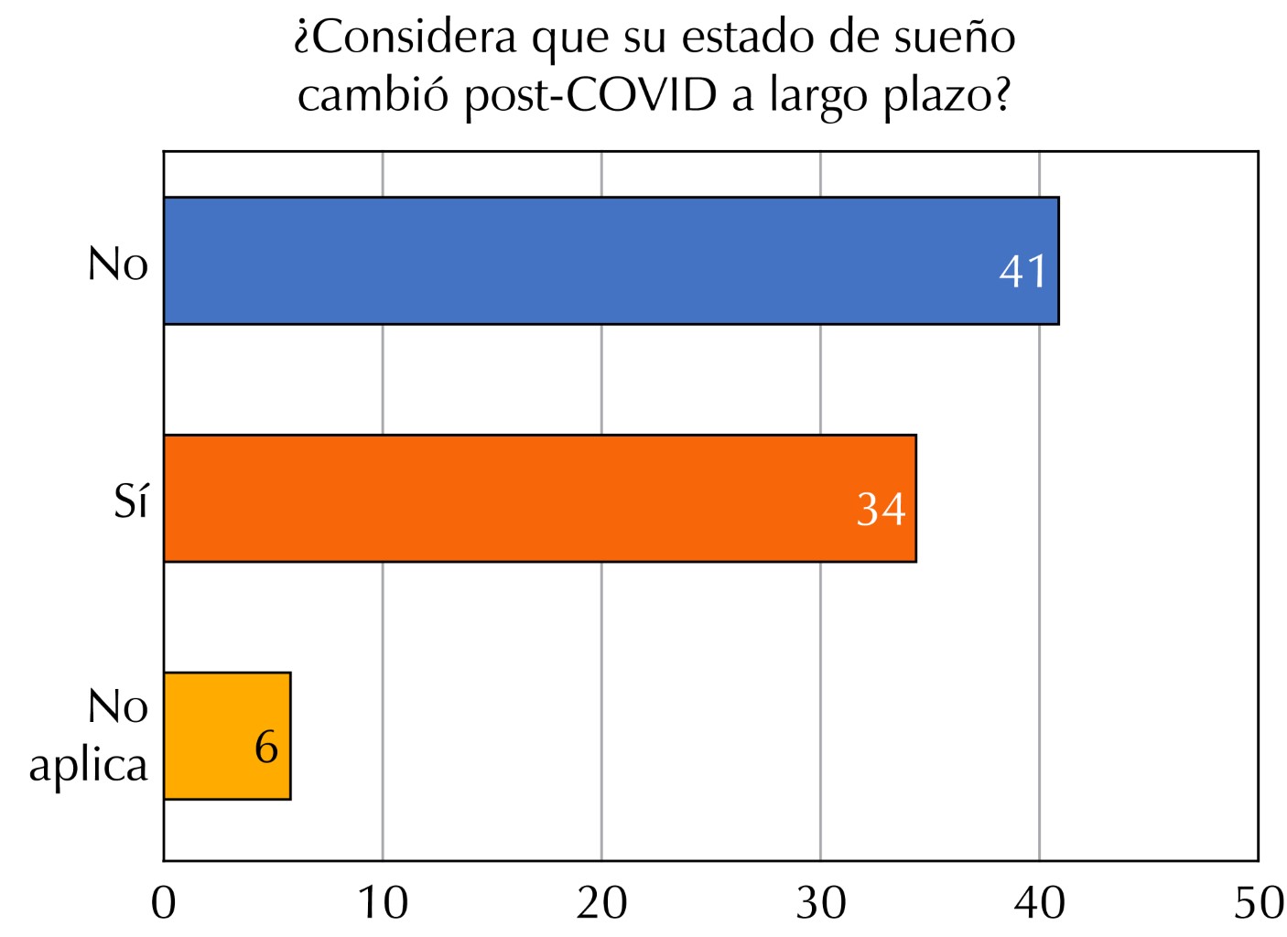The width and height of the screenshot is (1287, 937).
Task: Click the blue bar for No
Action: [x=611, y=261]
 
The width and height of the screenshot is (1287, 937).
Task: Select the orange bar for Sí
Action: [x=540, y=499]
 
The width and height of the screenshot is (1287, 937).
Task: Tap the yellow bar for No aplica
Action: [x=227, y=736]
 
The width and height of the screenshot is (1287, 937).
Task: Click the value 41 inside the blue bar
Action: [x=1022, y=271]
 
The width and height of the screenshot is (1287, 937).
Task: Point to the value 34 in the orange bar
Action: [x=881, y=509]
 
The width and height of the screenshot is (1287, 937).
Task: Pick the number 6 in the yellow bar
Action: [x=266, y=747]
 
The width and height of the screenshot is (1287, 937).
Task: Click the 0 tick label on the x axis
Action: [x=164, y=903]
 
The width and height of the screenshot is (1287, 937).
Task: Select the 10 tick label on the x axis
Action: [x=383, y=903]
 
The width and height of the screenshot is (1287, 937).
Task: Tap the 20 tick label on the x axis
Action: [x=601, y=903]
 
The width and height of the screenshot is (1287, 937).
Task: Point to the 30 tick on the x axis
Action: [x=821, y=903]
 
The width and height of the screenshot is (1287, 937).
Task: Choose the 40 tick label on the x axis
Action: [x=1040, y=903]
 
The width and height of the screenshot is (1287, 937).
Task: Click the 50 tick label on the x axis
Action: [x=1259, y=903]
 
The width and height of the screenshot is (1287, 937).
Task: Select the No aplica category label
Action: [x=90, y=736]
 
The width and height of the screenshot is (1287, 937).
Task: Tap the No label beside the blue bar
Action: [x=118, y=264]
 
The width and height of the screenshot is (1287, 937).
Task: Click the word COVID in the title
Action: [x=641, y=95]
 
